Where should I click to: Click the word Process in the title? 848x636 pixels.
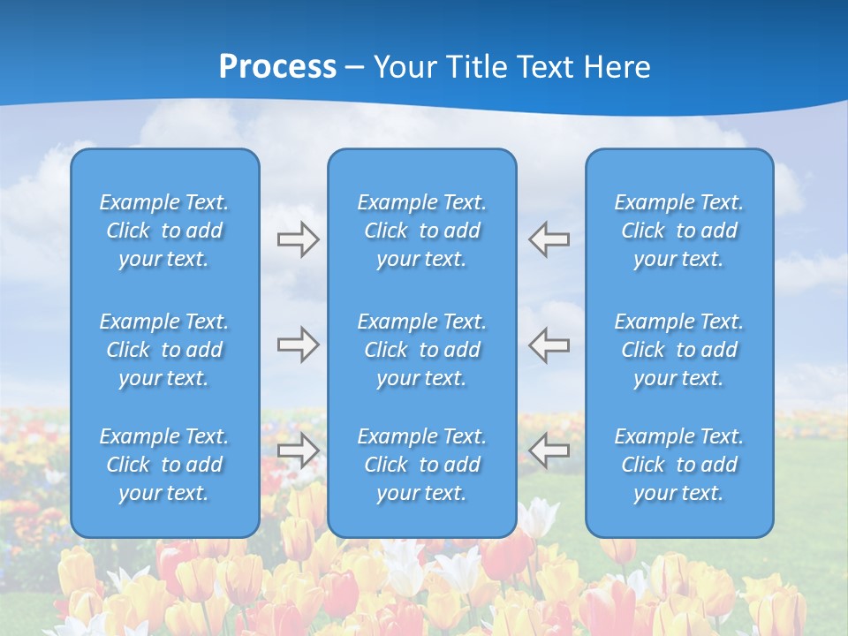pyautogui.click(x=277, y=67)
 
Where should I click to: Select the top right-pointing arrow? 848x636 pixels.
pyautogui.click(x=298, y=239)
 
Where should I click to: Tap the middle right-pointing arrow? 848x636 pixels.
pyautogui.click(x=298, y=344)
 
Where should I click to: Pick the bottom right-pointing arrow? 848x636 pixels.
pyautogui.click(x=298, y=450)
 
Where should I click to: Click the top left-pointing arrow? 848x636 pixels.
pyautogui.click(x=549, y=239)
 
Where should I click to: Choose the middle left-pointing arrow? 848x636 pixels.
pyautogui.click(x=549, y=344)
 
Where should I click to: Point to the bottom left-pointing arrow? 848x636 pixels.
pyautogui.click(x=549, y=450)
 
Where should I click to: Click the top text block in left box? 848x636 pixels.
pyautogui.click(x=164, y=231)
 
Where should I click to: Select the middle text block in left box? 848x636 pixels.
pyautogui.click(x=164, y=350)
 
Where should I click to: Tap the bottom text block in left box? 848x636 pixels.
pyautogui.click(x=164, y=465)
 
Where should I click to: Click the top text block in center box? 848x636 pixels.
pyautogui.click(x=422, y=231)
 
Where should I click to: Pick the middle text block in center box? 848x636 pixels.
pyautogui.click(x=422, y=350)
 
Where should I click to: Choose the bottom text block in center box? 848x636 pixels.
pyautogui.click(x=422, y=465)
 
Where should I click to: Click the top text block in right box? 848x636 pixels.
pyautogui.click(x=679, y=231)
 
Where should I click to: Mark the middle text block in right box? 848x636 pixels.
pyautogui.click(x=679, y=350)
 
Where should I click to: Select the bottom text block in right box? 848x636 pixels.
pyautogui.click(x=679, y=465)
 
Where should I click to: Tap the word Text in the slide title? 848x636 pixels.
pyautogui.click(x=543, y=67)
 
